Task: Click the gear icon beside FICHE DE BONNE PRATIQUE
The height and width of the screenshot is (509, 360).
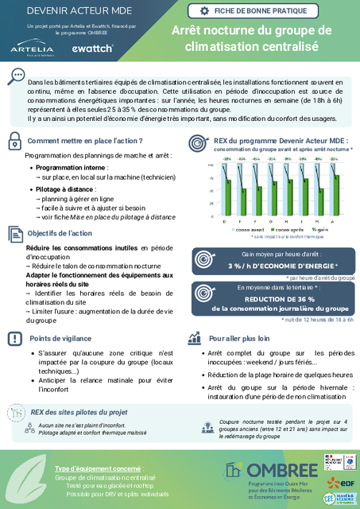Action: click(206, 11)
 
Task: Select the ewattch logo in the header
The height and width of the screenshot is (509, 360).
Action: click(93, 49)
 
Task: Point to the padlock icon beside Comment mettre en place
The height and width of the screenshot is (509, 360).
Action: click(15, 141)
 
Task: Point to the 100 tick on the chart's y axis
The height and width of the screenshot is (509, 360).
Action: click(211, 165)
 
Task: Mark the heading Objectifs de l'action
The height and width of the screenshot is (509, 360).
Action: click(60, 234)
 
